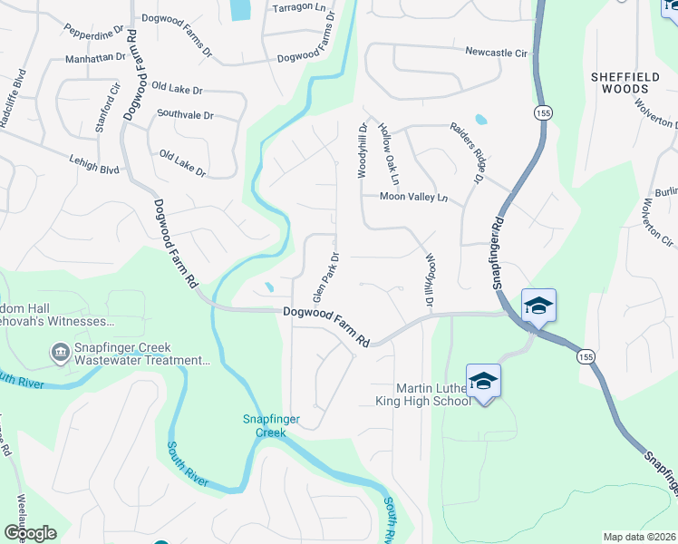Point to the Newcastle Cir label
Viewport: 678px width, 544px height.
pyautogui.click(x=496, y=53)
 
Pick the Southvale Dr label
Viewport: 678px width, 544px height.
pyautogui.click(x=185, y=115)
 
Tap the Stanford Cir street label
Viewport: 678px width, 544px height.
pyautogui.click(x=108, y=109)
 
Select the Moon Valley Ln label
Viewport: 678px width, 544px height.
pyautogui.click(x=413, y=197)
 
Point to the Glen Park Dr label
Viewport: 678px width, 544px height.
pyautogui.click(x=324, y=277)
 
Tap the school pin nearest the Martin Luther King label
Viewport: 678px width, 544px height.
pyautogui.click(x=483, y=381)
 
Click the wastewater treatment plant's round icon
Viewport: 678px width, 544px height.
pyautogui.click(x=60, y=350)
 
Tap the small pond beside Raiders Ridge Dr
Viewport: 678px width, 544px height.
pyautogui.click(x=480, y=119)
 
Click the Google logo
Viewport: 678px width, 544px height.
pyautogui.click(x=30, y=533)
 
